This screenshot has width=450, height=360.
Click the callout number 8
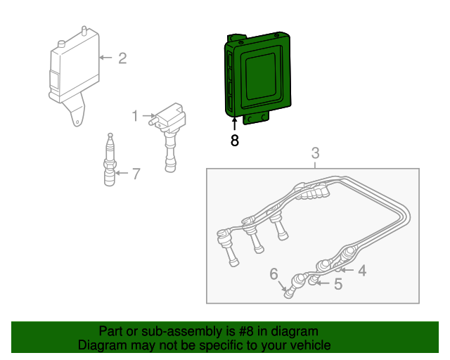point(235,141)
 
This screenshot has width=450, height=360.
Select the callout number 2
point(122,58)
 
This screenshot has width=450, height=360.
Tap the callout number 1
point(134,115)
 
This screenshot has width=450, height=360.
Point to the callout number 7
point(136,173)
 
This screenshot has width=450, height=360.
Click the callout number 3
point(315,153)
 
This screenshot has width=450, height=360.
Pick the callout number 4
point(361,270)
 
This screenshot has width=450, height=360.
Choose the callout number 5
point(337,285)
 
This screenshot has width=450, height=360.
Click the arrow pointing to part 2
point(105,58)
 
